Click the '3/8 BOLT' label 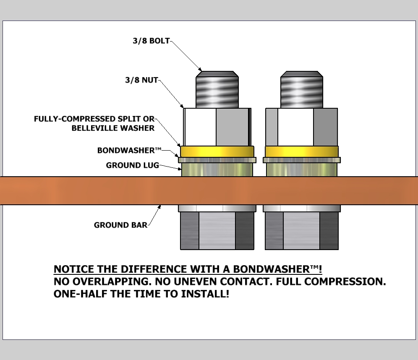tap(152, 41)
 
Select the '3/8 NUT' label tap(141, 80)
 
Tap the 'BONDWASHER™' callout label tap(129, 150)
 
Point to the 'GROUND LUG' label tap(132, 165)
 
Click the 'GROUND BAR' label tap(120, 225)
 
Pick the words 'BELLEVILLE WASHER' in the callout tap(113, 128)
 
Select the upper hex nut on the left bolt tap(217, 127)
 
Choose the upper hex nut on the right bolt tap(301, 127)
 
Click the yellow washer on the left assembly tap(217, 151)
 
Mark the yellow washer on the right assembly tap(302, 151)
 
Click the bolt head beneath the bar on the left tap(217, 231)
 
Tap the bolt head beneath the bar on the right tap(302, 231)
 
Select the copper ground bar tap(84, 190)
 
